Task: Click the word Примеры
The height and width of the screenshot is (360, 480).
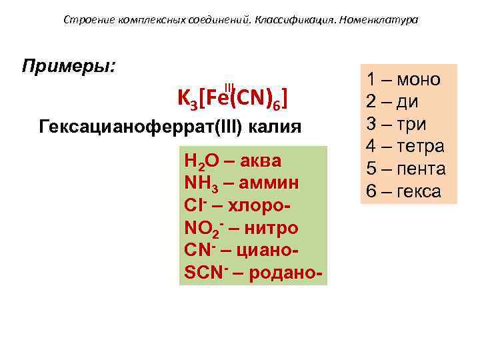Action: [69, 67]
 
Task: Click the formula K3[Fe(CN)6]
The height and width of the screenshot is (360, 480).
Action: [233, 98]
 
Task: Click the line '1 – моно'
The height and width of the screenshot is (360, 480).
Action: [403, 79]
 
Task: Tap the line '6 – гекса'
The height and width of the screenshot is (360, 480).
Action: [403, 191]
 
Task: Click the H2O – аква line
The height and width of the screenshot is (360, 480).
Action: [233, 161]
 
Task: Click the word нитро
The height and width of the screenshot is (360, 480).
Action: [270, 228]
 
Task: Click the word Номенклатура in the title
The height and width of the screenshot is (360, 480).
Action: [378, 20]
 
